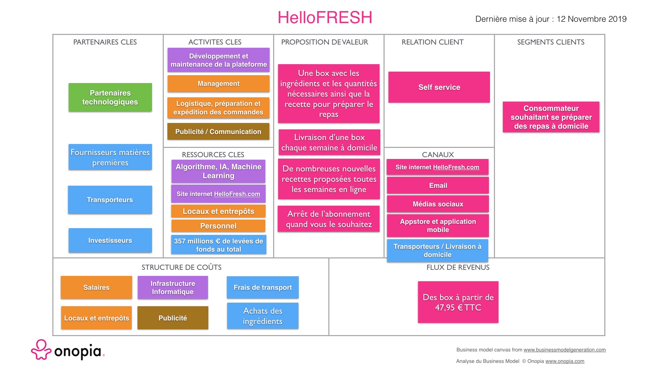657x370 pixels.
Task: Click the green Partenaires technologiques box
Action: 110,97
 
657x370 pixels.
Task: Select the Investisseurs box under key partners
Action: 110,240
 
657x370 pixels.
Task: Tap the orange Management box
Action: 218,84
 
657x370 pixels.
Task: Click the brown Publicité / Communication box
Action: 218,132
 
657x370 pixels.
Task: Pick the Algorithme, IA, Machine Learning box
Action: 218,171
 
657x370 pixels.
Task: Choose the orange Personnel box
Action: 218,226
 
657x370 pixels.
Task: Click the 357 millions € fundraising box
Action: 218,245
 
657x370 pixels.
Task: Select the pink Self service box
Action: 439,87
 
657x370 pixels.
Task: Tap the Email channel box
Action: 438,185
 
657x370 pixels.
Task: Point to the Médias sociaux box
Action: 438,204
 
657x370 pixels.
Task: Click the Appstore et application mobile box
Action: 438,226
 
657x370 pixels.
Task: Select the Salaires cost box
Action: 96,287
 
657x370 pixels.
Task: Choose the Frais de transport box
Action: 262,287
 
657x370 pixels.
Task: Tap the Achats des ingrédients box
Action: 262,316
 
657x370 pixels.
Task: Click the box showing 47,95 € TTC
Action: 458,302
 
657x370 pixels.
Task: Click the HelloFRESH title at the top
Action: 325,17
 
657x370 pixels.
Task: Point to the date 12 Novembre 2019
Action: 591,19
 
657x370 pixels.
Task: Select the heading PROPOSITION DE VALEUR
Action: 324,42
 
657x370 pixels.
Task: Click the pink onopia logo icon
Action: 41,350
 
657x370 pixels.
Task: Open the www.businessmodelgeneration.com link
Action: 564,350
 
